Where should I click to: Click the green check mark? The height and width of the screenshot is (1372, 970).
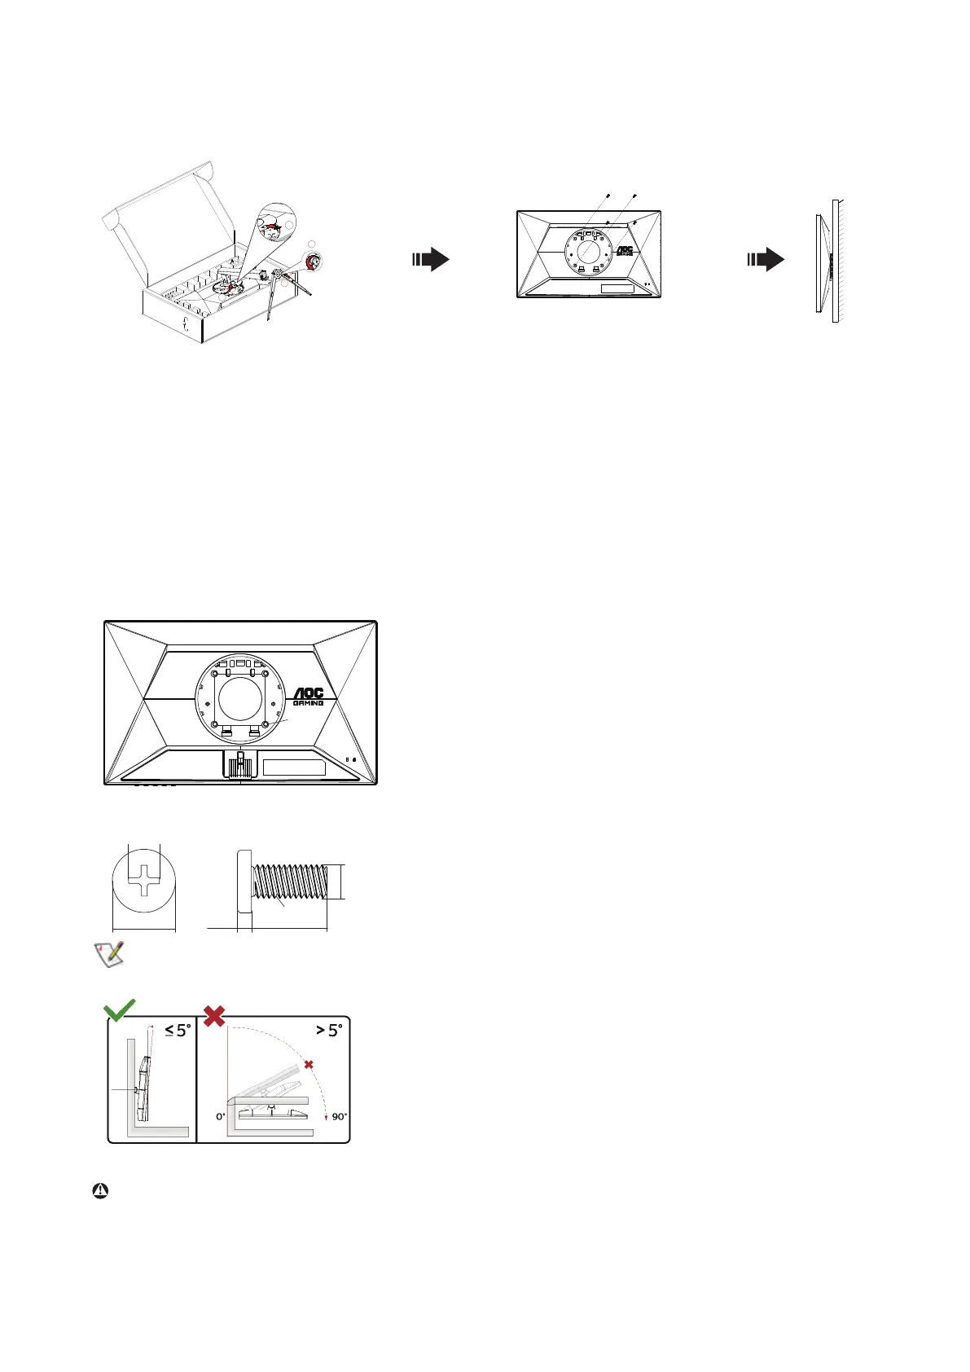119,1010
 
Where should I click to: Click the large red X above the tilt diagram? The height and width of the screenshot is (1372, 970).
214,1015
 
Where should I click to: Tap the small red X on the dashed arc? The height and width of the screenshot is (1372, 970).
308,1065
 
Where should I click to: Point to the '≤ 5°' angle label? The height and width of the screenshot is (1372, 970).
178,1030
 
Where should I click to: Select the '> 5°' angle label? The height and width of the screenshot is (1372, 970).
329,1030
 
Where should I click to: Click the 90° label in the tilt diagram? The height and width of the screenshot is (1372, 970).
339,1116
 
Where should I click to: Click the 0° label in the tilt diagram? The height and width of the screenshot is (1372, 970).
220,1116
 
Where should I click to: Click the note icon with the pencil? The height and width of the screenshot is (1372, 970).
109,953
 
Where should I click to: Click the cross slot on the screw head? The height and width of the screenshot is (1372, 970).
143,880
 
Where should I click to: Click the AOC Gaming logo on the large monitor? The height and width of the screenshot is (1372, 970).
309,697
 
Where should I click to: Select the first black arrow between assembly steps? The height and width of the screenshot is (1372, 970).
431,260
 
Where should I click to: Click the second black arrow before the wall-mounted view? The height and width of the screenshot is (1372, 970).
766,260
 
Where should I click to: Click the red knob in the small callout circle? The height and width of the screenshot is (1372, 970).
314,262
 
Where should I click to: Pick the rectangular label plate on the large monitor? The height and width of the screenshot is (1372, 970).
294,767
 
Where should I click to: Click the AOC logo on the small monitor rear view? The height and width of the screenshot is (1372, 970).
624,251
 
